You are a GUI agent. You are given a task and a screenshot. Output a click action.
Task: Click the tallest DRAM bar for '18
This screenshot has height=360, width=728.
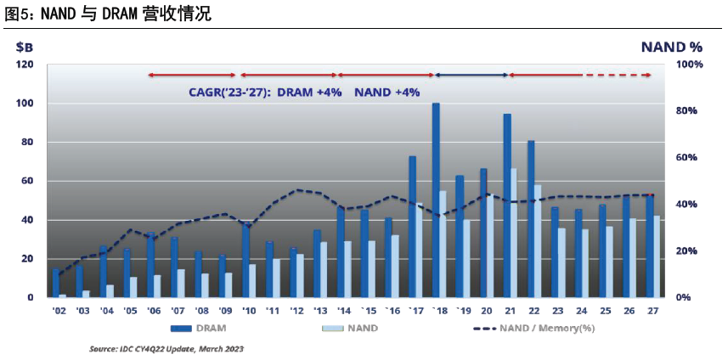(x=436, y=200)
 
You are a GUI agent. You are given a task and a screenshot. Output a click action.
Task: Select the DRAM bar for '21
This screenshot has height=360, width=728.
(x=507, y=205)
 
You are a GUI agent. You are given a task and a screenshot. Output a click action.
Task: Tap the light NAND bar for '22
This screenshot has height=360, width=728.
(x=538, y=241)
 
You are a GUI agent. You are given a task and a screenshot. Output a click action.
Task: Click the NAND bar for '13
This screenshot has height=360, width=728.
(x=323, y=270)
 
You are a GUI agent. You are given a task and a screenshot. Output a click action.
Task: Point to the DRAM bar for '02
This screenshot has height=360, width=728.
(x=56, y=284)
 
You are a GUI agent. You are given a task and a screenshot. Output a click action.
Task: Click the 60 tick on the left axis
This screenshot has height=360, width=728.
(x=28, y=181)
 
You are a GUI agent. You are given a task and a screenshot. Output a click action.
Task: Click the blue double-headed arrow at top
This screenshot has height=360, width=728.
(x=471, y=76)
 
